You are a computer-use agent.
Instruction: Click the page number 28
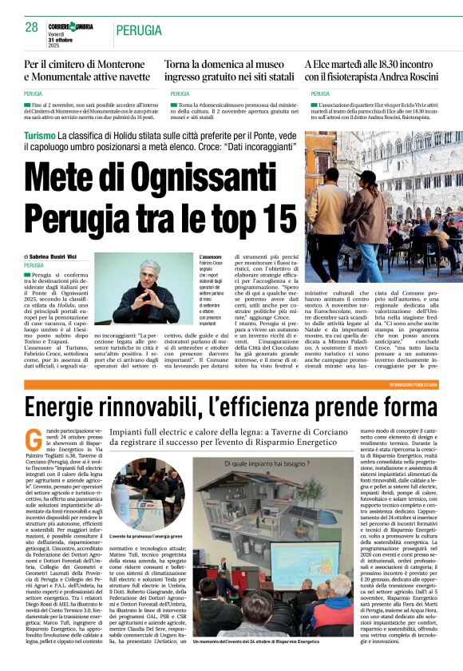[x=32, y=26]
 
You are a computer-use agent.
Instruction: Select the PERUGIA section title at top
[x=138, y=30]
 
